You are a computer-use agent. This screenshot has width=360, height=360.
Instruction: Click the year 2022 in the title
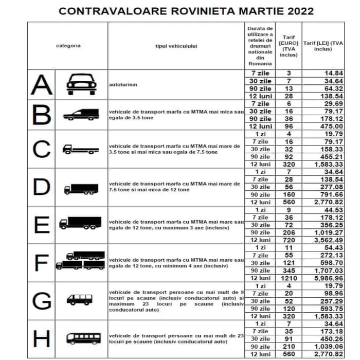[295, 11]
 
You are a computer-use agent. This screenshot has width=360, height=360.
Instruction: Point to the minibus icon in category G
[79, 300]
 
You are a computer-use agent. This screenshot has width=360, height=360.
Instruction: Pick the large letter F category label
[41, 263]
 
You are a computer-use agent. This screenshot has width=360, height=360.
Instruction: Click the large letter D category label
[41, 188]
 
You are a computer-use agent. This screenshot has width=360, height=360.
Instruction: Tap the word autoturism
[123, 85]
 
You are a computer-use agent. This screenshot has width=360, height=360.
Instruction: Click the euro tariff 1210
[289, 278]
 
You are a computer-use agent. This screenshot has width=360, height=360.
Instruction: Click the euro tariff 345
[289, 270]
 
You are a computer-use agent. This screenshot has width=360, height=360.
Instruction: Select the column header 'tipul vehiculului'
[176, 45]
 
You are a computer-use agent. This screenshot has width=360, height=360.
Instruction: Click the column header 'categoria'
[68, 45]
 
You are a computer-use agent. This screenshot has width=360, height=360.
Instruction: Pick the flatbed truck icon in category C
[79, 150]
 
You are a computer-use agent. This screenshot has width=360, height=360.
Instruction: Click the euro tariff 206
[289, 232]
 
